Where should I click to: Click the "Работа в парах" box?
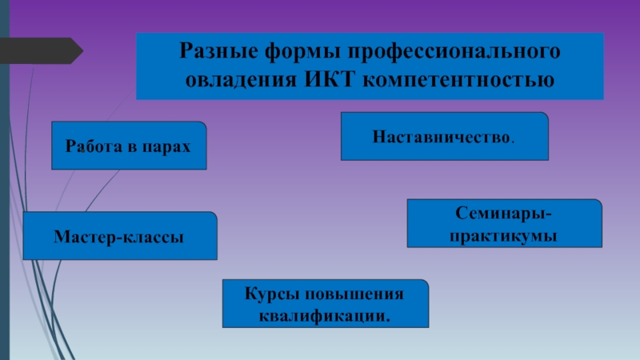pyautogui.click(x=130, y=146)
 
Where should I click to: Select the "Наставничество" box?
pyautogui.click(x=445, y=136)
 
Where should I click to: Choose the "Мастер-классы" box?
pyautogui.click(x=120, y=236)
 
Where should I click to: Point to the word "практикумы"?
pyautogui.click(x=504, y=236)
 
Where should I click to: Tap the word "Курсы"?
pyautogui.click(x=270, y=294)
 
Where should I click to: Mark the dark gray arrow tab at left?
pyautogui.click(x=40, y=51)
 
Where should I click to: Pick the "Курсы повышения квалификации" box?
pyautogui.click(x=326, y=305)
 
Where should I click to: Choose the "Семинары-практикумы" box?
pyautogui.click(x=504, y=224)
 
